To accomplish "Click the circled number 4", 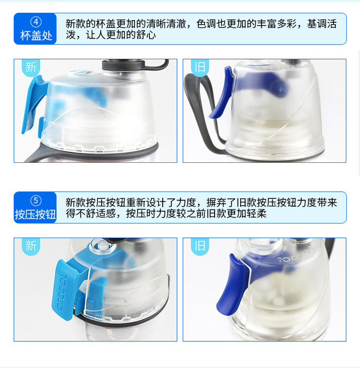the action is point(36,22).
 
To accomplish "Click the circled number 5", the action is point(36,201).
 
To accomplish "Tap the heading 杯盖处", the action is point(36,36).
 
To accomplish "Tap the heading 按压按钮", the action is point(36,214).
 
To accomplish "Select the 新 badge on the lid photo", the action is point(31,68).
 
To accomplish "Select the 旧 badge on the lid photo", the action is point(200,68).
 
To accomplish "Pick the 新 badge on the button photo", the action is point(31,246).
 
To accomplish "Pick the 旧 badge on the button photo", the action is point(200,246).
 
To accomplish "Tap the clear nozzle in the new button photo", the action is point(103,246).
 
